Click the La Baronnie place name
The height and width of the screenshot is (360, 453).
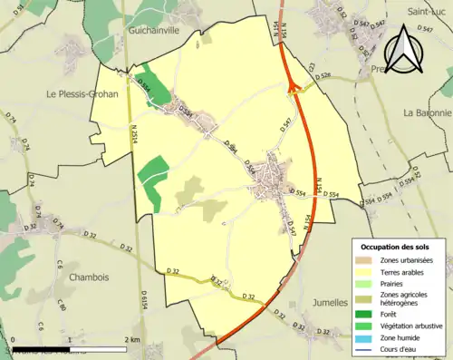point(427,113)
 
